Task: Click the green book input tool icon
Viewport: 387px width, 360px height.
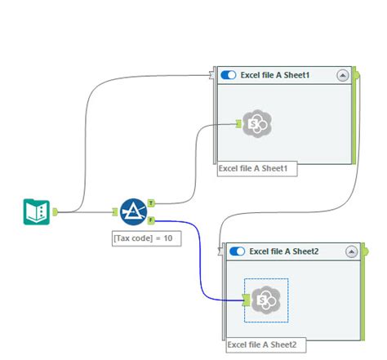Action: coord(37,211)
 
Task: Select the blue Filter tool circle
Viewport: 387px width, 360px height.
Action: coord(132,211)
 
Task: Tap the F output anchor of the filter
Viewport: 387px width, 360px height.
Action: coord(152,220)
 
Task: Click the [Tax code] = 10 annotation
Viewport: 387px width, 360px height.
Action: coord(145,238)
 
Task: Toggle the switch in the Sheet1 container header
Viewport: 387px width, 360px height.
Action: coord(229,74)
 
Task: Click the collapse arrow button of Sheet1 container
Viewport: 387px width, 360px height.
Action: coord(343,74)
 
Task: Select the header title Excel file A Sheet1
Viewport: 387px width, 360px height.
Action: coord(276,74)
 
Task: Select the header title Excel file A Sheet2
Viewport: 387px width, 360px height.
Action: coord(284,251)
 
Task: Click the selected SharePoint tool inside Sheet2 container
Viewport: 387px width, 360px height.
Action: coord(266,300)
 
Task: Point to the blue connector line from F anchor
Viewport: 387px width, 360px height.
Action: coord(201,261)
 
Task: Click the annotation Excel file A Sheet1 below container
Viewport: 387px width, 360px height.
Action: coord(256,169)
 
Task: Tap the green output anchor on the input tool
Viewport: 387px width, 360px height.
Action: coord(56,211)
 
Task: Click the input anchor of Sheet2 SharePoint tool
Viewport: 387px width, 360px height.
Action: coord(246,301)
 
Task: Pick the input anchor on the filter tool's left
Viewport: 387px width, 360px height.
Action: coord(114,211)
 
